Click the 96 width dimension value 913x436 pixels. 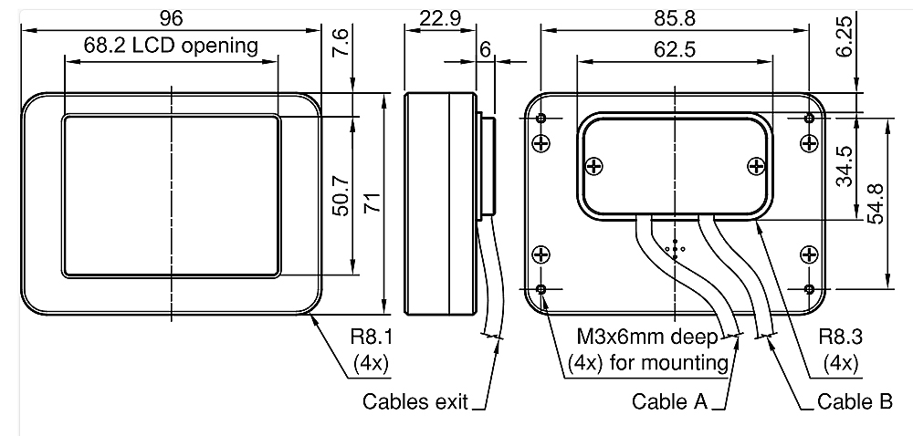click(172, 18)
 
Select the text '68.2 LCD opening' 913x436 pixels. click(171, 46)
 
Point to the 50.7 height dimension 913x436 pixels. click(341, 196)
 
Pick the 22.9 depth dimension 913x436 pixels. click(440, 18)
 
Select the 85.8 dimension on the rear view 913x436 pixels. click(675, 18)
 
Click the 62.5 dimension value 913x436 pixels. click(675, 49)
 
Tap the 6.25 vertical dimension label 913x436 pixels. click(845, 36)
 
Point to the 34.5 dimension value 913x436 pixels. click(845, 166)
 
